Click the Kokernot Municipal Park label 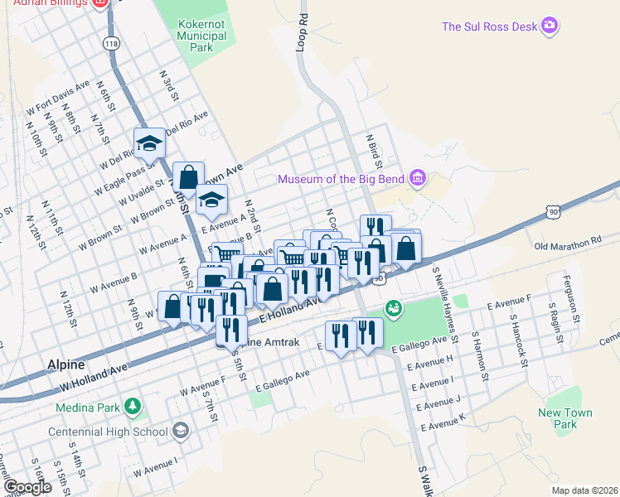(x=196, y=36)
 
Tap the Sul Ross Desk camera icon (x=549, y=27)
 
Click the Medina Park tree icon (x=131, y=407)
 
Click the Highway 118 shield (x=109, y=42)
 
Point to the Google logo (x=27, y=487)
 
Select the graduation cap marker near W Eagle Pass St (x=149, y=143)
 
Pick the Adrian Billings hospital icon (x=100, y=3)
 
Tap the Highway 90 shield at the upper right (x=552, y=213)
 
